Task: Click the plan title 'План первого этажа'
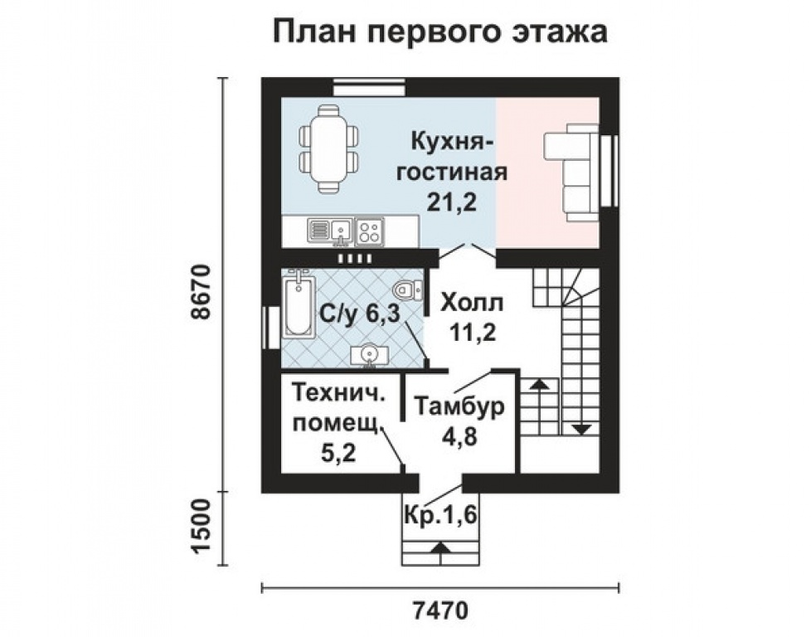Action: coord(439,32)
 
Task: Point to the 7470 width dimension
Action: coord(439,611)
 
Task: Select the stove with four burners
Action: coord(369,230)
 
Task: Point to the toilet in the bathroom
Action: coord(405,291)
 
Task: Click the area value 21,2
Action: coord(452,201)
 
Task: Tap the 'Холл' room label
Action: coord(472,303)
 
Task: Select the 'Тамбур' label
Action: coord(459,407)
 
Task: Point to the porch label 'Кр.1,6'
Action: coord(439,514)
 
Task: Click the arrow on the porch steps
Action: coord(439,547)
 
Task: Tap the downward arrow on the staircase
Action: coord(581,428)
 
